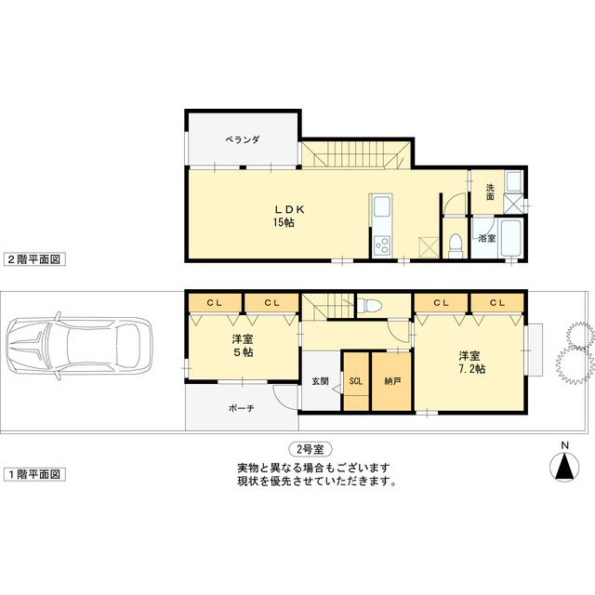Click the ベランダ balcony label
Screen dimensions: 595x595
[x=242, y=139]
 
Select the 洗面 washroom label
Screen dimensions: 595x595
[x=490, y=192]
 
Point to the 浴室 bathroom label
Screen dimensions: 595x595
[x=487, y=239]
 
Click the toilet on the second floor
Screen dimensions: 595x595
[x=456, y=245]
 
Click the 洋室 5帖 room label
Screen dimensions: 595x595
[x=243, y=346]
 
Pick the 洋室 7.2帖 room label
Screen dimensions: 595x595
[x=469, y=364]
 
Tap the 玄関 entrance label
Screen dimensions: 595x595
[x=320, y=380]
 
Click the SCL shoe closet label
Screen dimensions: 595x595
[x=356, y=381]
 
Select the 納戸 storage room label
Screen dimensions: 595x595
[x=392, y=381]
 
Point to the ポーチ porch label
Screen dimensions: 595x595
[x=242, y=408]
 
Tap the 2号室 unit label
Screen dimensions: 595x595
[x=311, y=449]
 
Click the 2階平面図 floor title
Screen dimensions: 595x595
[x=33, y=260]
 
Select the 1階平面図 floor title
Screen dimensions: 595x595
[x=33, y=474]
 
